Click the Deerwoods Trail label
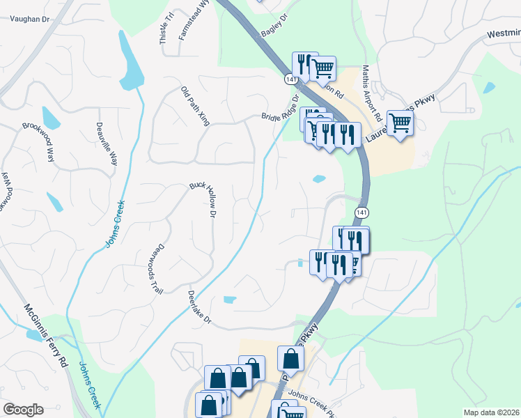click(x=155, y=269)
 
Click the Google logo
click(x=24, y=409)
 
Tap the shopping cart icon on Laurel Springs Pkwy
click(x=400, y=123)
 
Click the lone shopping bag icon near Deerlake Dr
click(x=290, y=359)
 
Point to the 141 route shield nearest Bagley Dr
click(x=290, y=80)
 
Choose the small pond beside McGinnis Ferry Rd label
click(x=34, y=335)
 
